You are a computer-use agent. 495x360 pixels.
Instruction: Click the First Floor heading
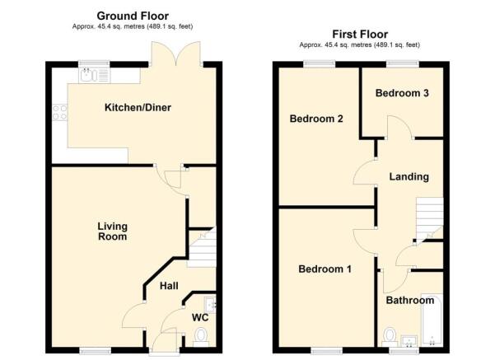click(360, 35)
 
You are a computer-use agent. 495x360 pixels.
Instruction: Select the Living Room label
click(112, 231)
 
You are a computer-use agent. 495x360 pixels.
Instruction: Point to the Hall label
click(169, 286)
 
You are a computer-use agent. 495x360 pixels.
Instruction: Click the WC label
click(199, 317)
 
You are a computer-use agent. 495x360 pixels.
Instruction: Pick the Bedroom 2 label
click(315, 119)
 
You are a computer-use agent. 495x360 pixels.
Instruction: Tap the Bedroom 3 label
click(402, 93)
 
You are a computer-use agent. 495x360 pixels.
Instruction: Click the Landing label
click(409, 176)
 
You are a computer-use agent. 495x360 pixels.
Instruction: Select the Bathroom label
click(409, 301)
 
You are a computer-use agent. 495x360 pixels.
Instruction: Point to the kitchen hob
click(59, 111)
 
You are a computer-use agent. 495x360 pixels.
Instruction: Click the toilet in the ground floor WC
click(200, 336)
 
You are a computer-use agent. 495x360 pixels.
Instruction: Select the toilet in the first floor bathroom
click(390, 336)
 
